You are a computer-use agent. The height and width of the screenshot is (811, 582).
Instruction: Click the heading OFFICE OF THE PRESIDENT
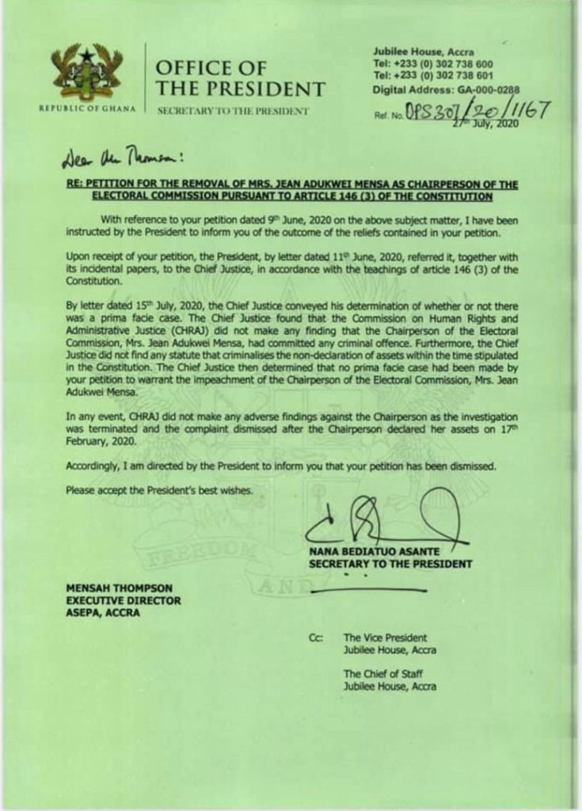click(x=240, y=79)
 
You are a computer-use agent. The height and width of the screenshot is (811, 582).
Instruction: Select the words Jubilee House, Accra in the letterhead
click(x=423, y=51)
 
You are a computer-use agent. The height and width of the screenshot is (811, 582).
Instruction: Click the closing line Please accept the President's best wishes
click(x=159, y=491)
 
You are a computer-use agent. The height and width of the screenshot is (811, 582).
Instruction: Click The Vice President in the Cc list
click(x=385, y=638)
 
